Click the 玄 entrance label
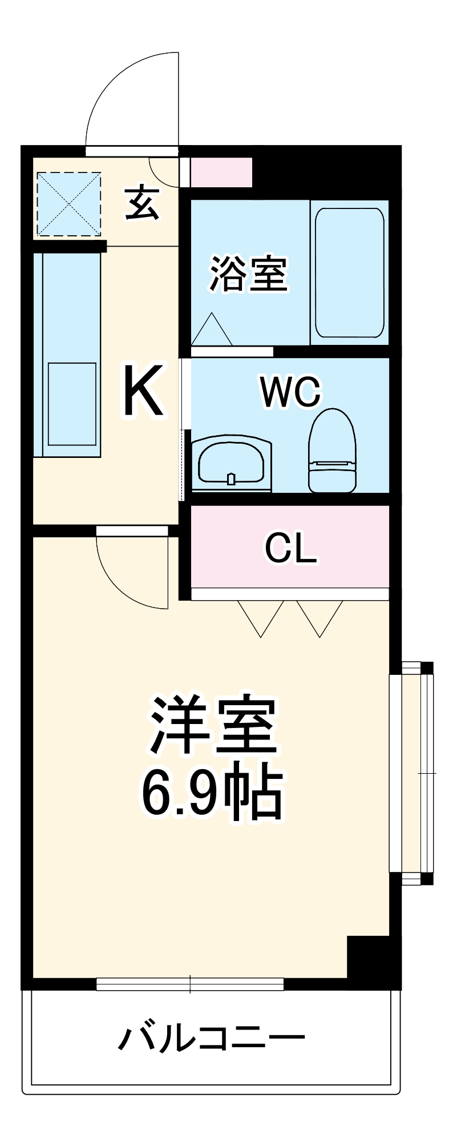[x=141, y=203]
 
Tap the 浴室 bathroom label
[x=249, y=274]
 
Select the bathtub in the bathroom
[x=349, y=273]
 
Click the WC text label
[x=290, y=392]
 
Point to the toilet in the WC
[x=331, y=451]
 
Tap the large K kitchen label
[x=144, y=392]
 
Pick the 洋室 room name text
[x=213, y=723]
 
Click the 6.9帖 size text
[x=212, y=794]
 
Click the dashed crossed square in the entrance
[x=68, y=204]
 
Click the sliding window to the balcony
[x=190, y=984]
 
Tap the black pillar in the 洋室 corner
[x=368, y=957]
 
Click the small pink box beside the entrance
[x=221, y=172]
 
